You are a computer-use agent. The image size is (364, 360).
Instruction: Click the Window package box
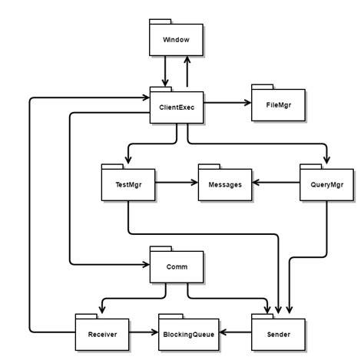[x=177, y=38]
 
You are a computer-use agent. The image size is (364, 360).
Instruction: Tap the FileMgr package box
[x=279, y=104]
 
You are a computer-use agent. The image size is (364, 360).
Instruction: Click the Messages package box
[x=225, y=183]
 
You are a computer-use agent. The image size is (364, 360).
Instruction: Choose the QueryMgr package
[x=326, y=183]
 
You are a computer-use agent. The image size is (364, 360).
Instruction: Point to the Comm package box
[x=177, y=267]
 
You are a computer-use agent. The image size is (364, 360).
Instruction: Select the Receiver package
[x=102, y=334]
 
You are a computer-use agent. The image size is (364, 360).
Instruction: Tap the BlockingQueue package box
[x=187, y=334]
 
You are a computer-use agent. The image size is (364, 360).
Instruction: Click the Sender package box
[x=278, y=334]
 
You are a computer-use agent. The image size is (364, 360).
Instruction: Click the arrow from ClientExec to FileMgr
[x=228, y=103]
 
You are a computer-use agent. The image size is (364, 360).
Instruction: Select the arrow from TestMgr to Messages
[x=177, y=183]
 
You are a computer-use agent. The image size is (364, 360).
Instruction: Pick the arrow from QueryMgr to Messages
[x=276, y=183]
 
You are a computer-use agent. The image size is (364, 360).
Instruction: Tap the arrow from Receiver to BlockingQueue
[x=143, y=333]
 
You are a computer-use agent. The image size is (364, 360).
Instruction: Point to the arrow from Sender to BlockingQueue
[x=235, y=333]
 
